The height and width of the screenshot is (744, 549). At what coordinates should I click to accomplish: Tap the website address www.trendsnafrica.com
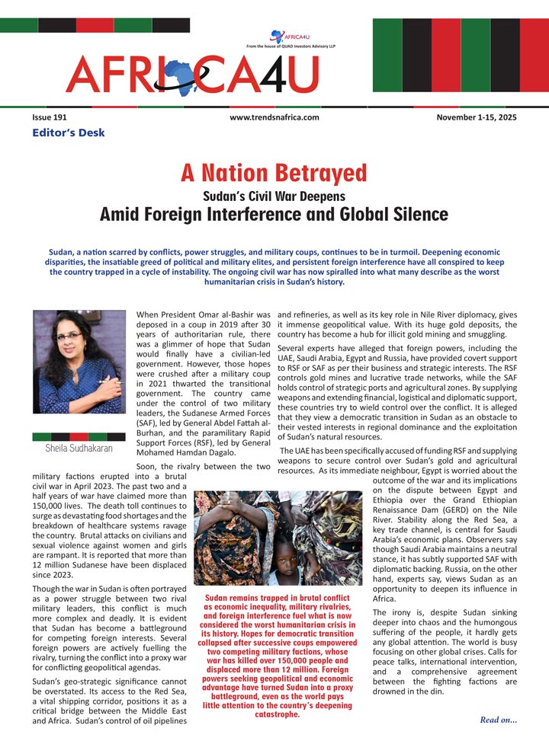point(274,117)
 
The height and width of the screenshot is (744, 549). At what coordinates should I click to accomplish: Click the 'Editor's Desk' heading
point(69,133)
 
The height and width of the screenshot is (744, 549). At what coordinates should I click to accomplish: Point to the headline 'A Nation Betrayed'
point(274,173)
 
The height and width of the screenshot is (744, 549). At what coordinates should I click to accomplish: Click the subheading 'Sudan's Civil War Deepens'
point(274,195)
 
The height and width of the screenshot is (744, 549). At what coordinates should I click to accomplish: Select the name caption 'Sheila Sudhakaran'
point(79,449)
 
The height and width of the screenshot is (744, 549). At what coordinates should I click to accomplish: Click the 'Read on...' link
point(499,719)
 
